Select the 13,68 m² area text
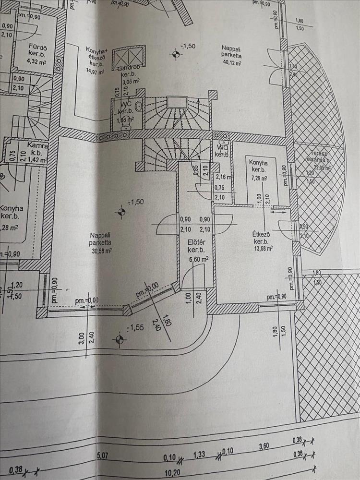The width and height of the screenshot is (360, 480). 263,249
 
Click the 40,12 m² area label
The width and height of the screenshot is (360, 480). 231,62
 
